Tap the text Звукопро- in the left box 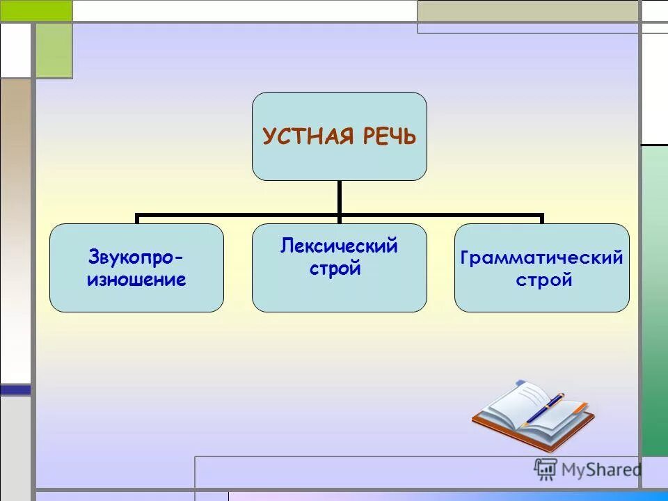click(x=136, y=258)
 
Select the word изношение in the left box click(x=136, y=280)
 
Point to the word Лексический click(x=339, y=246)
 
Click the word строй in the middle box click(x=335, y=269)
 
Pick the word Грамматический click(x=541, y=258)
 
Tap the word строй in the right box click(x=543, y=280)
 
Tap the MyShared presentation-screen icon click(x=546, y=469)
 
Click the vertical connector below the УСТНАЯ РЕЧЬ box click(x=339, y=198)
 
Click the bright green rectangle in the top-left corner click(x=35, y=10)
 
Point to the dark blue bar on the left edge click(x=15, y=390)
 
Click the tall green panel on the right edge click(x=654, y=299)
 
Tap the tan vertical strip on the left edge click(x=15, y=230)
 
